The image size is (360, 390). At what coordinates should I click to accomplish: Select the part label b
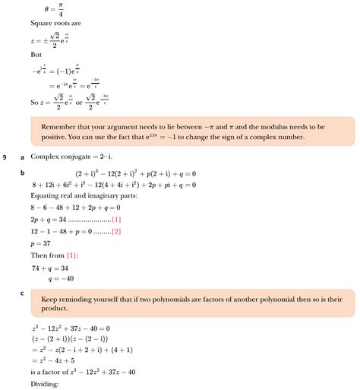pyautogui.click(x=23, y=173)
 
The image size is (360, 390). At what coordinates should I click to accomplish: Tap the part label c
pyautogui.click(x=23, y=292)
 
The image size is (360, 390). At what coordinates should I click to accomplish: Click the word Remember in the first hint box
pyautogui.click(x=65, y=125)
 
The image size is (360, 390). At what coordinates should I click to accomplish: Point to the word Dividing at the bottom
pyautogui.click(x=45, y=384)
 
